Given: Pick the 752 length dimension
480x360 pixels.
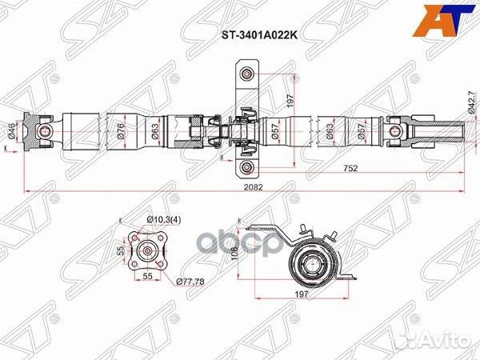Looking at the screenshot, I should (x=350, y=168).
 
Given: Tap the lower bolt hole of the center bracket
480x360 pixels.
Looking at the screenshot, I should (x=247, y=166).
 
